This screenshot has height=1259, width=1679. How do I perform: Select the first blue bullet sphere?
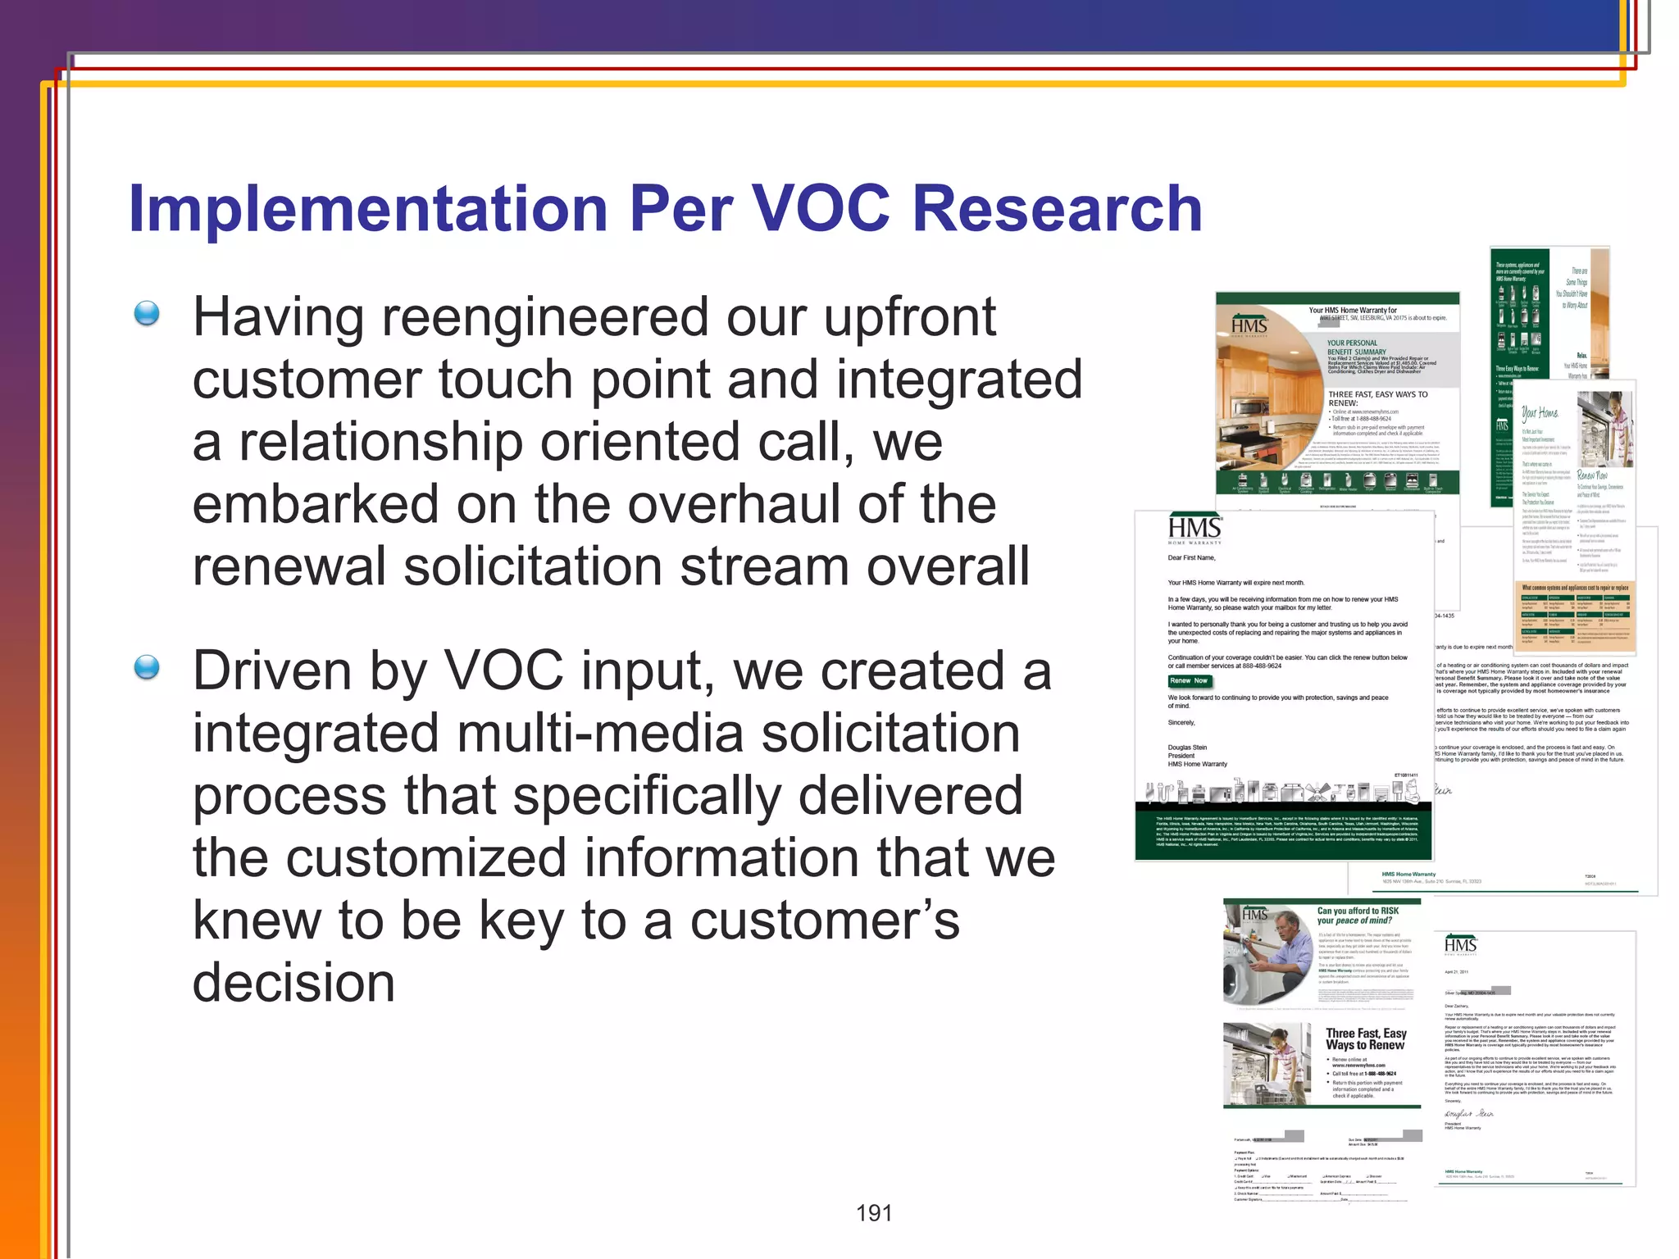(x=147, y=313)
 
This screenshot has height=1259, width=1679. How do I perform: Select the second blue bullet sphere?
(x=147, y=668)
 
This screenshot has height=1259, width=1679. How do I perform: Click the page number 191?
(x=874, y=1213)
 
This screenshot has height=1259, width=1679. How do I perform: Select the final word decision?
(x=293, y=983)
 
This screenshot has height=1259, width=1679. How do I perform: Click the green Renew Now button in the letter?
(x=1189, y=681)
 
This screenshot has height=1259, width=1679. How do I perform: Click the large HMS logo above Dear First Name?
(x=1194, y=530)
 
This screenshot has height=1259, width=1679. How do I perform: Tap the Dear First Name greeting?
(x=1191, y=557)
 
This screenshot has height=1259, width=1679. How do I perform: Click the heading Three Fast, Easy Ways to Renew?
(x=1365, y=1039)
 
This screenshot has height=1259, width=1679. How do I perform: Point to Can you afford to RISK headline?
(x=1358, y=911)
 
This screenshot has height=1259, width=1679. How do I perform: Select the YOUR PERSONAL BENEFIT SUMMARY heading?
(x=1357, y=347)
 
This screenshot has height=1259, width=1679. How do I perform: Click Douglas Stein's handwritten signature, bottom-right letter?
(x=1469, y=1114)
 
